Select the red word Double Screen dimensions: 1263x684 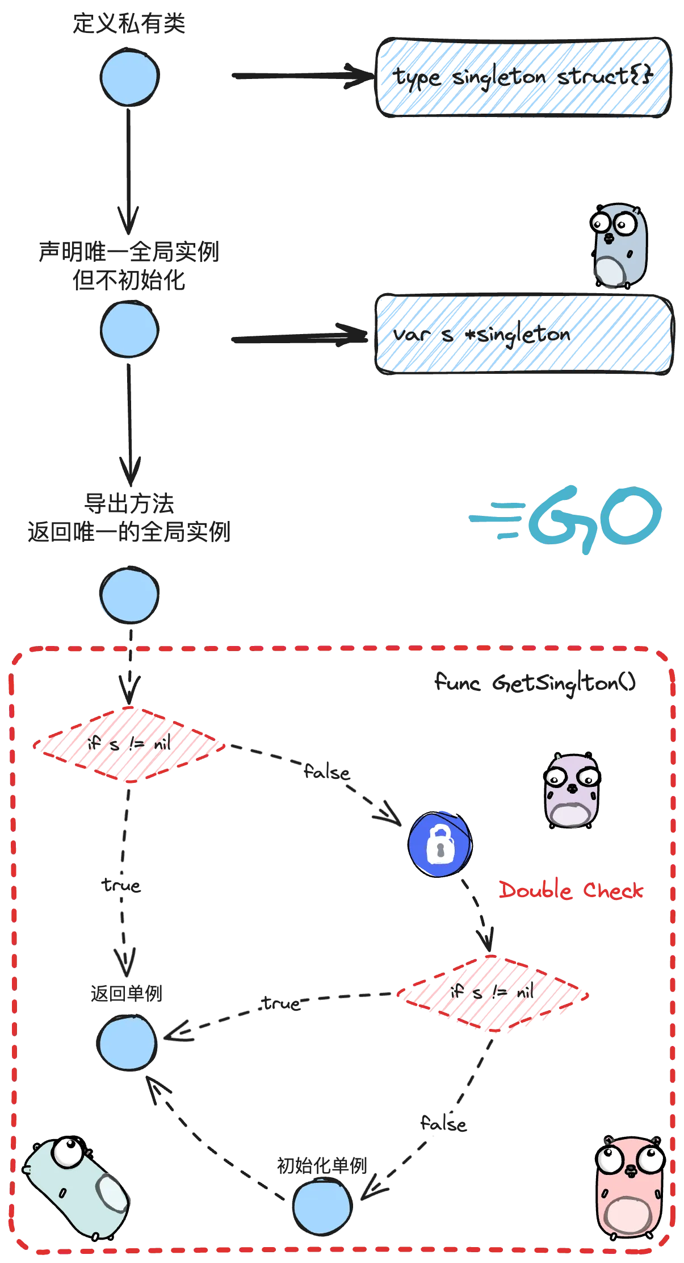pyautogui.click(x=535, y=890)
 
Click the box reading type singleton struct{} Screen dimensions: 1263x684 pyautogui.click(x=524, y=78)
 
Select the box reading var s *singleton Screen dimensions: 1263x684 pyautogui.click(x=522, y=335)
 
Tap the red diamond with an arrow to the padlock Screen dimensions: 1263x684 pyautogui.click(x=129, y=744)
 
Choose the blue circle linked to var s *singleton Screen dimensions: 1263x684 pyautogui.click(x=129, y=330)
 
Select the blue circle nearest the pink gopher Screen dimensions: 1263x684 pyautogui.click(x=322, y=1208)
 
